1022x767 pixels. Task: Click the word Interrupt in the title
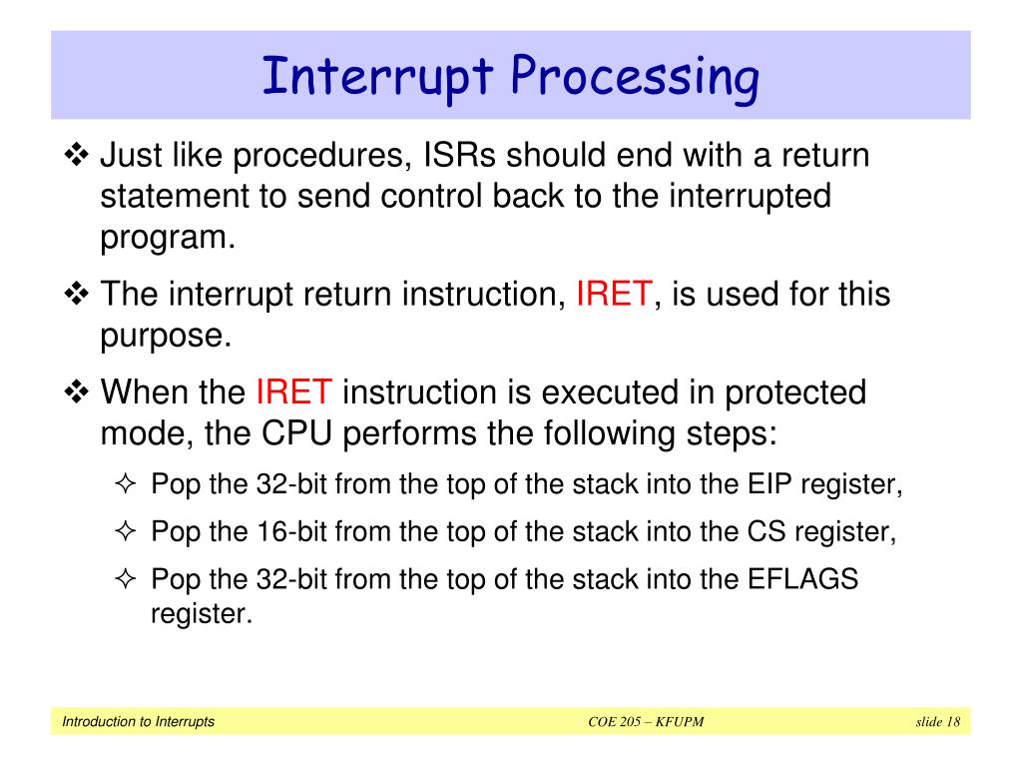(x=377, y=78)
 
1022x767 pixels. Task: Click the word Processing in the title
(x=635, y=78)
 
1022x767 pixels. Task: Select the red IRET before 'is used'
(x=614, y=295)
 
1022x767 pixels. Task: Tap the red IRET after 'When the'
(x=294, y=392)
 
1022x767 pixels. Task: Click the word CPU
(x=296, y=433)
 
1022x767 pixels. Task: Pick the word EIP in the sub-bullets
(x=769, y=484)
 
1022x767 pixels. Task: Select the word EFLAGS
(x=803, y=579)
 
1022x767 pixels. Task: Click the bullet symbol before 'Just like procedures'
(x=76, y=155)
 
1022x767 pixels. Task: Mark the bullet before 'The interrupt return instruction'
(x=76, y=295)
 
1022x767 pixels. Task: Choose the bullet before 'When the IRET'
(x=76, y=392)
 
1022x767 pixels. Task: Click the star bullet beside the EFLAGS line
(x=125, y=579)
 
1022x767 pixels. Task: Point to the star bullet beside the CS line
(x=125, y=531)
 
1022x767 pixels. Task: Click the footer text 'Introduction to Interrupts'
(x=138, y=722)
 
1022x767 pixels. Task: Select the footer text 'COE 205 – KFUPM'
(x=646, y=722)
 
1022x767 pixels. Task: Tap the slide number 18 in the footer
(x=953, y=722)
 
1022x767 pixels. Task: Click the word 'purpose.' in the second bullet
(x=166, y=337)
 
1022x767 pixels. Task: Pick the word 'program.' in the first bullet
(x=168, y=238)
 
